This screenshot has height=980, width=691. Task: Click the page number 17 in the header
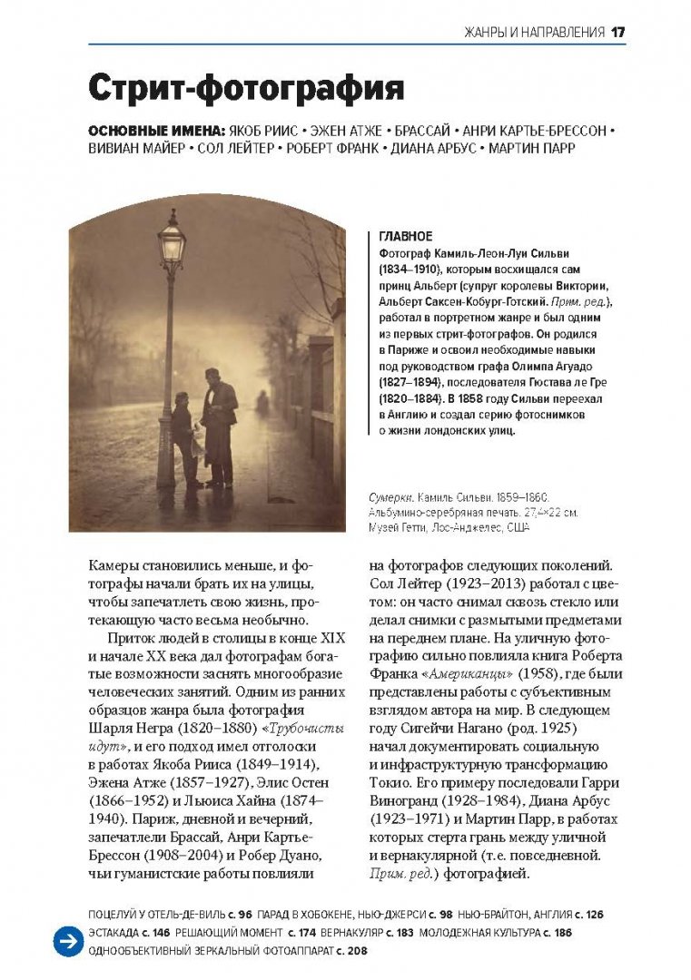coord(618,33)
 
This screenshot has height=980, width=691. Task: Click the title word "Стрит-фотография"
coord(245,89)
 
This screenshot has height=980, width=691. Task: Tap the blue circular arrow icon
coord(67,942)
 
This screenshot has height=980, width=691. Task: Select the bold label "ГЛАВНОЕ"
coord(400,236)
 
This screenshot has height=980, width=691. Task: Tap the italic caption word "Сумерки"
coord(392,498)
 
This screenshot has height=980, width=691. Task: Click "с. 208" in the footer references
coord(349,951)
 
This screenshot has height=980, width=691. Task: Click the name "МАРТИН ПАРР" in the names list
coord(532,148)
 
